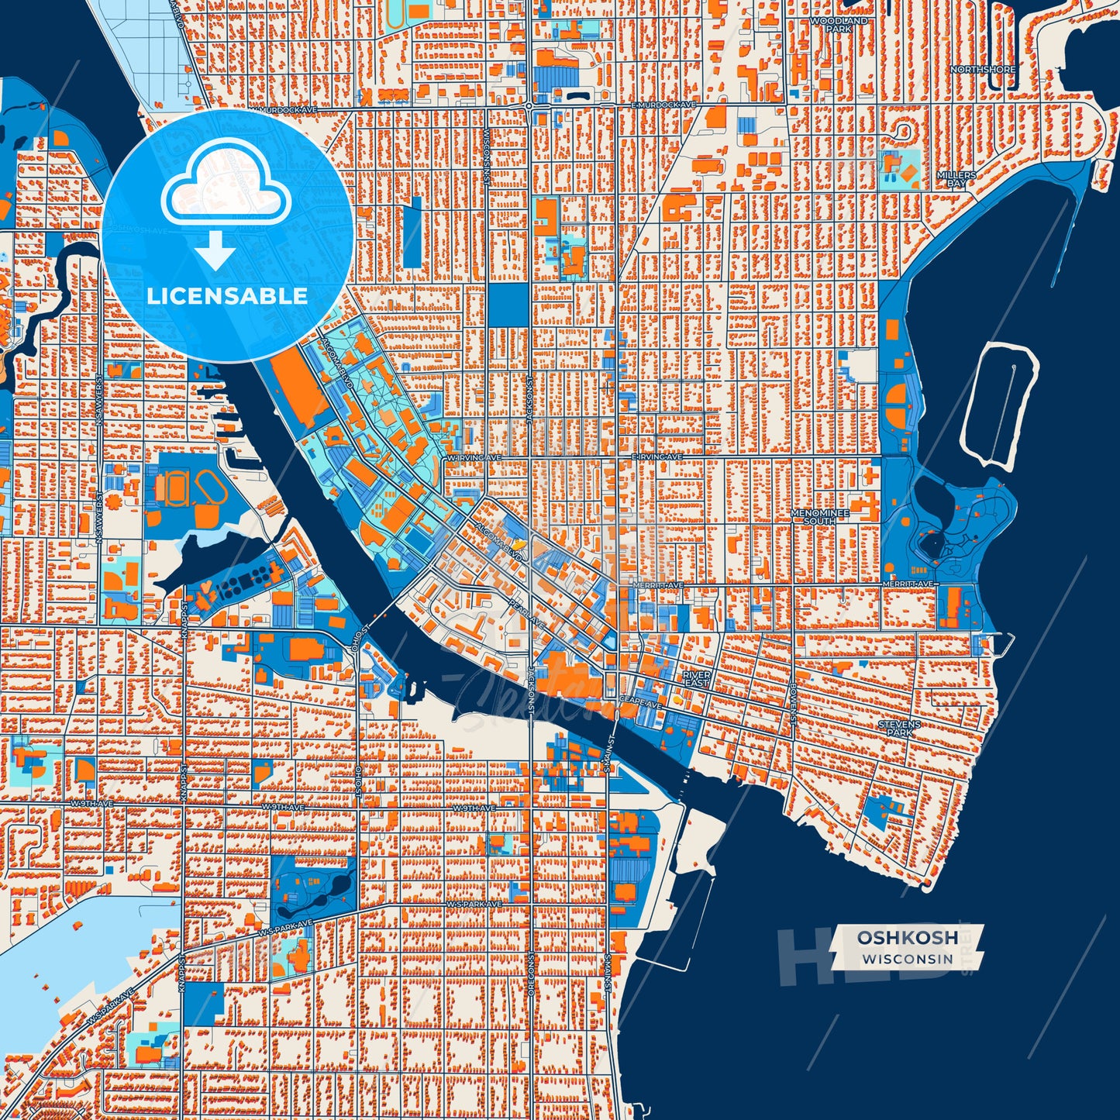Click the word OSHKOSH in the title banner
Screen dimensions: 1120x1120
click(907, 938)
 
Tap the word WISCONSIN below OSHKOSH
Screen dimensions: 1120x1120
click(907, 959)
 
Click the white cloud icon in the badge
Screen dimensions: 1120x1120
click(226, 188)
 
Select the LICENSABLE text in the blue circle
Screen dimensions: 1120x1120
click(227, 296)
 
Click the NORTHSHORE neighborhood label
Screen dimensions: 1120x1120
click(983, 70)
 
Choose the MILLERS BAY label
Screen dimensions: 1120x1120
click(956, 180)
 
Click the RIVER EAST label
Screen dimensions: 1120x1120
click(696, 678)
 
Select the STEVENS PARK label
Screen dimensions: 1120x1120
click(899, 728)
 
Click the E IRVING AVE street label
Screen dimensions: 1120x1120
click(657, 457)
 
